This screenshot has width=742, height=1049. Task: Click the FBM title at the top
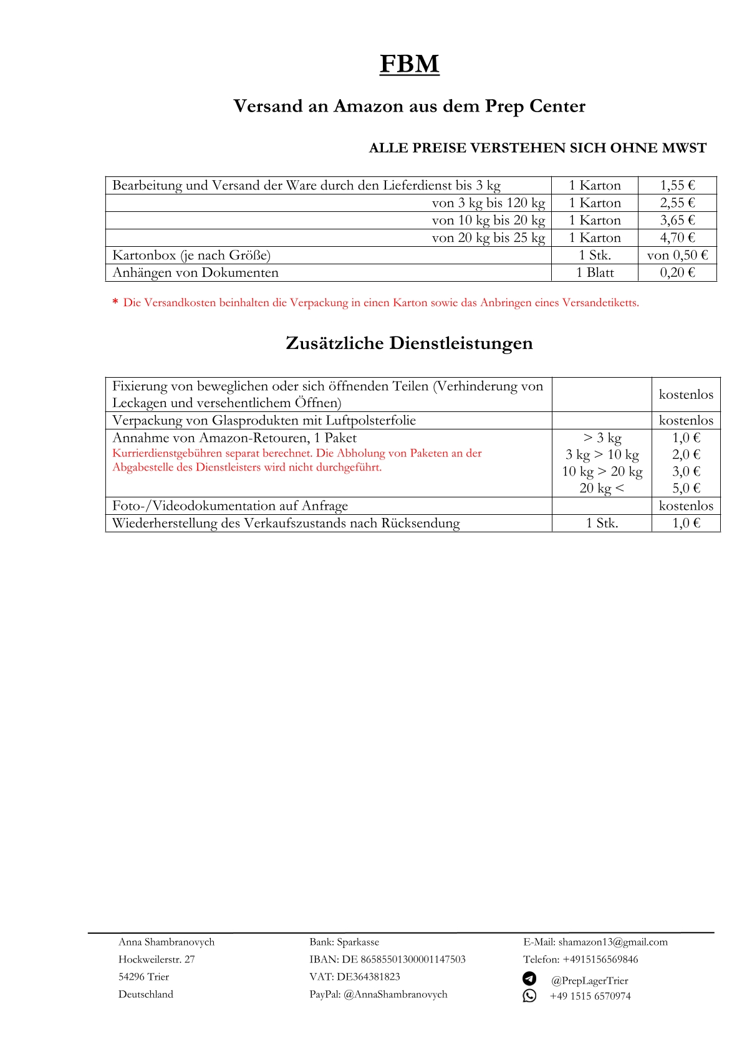pos(409,64)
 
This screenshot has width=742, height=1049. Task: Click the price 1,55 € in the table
pos(677,185)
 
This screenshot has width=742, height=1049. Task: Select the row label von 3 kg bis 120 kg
pos(488,203)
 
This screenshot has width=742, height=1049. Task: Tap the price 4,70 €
pos(677,237)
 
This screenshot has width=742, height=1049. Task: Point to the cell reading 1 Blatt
pos(595,272)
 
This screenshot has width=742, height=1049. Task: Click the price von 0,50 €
pos(677,255)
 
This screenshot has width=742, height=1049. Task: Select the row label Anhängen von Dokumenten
pos(195,272)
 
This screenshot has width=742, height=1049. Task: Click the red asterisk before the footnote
pos(115,303)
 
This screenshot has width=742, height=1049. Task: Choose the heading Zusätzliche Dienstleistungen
pos(409,343)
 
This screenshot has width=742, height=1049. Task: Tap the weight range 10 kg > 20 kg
pos(602,471)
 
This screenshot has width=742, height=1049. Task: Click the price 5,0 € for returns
pos(686,488)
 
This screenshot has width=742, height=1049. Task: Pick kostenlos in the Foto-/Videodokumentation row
pos(686,505)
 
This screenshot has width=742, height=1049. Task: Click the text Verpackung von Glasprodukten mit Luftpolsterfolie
pos(264,420)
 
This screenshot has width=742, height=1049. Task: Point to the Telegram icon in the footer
pos(529,979)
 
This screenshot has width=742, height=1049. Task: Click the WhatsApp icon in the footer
pos(529,995)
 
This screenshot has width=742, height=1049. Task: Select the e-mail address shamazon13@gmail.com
pos(612,942)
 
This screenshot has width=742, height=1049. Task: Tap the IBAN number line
pos(387,959)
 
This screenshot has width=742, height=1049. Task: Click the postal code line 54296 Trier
pos(143,977)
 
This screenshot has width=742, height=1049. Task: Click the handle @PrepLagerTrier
pos(589,980)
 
